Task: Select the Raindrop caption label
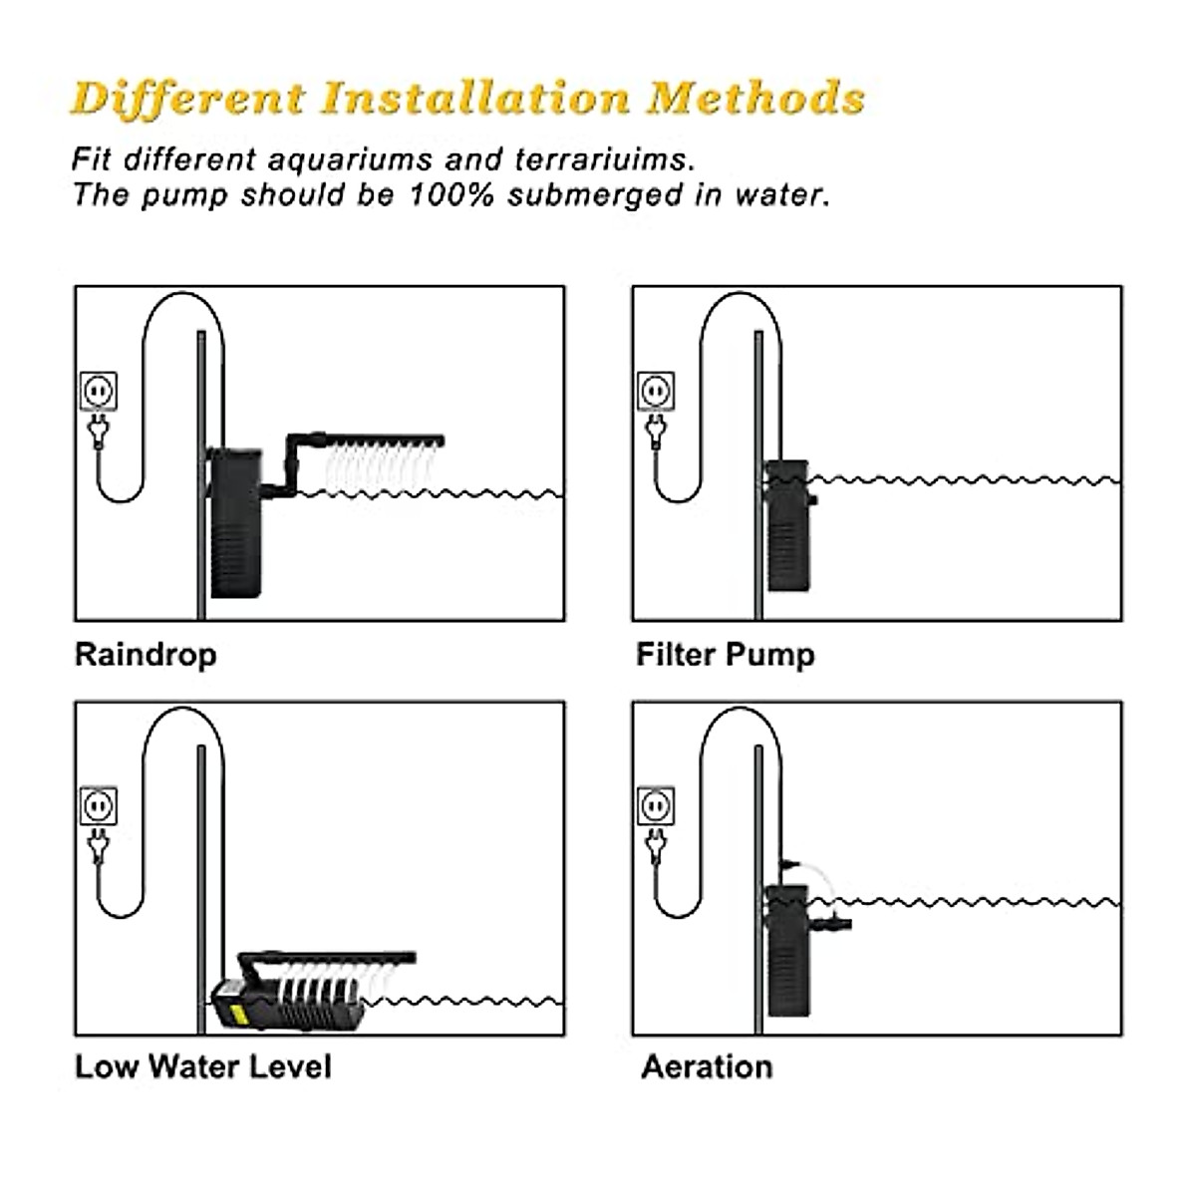[x=146, y=655]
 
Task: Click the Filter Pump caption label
[x=726, y=655]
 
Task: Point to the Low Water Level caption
[x=202, y=1066]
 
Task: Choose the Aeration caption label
[x=707, y=1066]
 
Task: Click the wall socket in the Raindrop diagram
[x=98, y=391]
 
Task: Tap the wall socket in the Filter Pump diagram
[x=656, y=391]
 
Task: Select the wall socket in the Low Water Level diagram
[x=98, y=805]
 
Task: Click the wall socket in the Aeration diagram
[x=656, y=805]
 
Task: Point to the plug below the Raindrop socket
[x=98, y=431]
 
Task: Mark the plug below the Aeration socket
[x=656, y=845]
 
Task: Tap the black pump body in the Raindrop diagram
[x=235, y=523]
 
